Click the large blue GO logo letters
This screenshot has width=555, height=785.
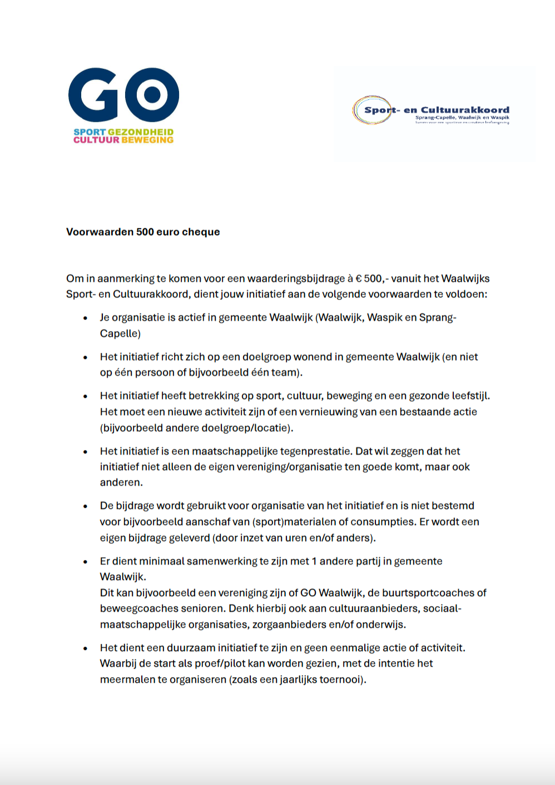[x=123, y=95]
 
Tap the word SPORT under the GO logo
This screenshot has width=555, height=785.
[x=90, y=132]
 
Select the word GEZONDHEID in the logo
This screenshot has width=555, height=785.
[x=140, y=132]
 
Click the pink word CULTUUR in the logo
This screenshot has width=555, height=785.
[x=96, y=140]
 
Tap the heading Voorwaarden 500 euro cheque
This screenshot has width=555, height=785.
[x=143, y=232]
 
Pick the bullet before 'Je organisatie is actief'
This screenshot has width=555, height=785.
[x=85, y=318]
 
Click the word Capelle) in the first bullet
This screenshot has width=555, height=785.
[x=120, y=333]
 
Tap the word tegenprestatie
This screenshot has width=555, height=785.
[x=315, y=451]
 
